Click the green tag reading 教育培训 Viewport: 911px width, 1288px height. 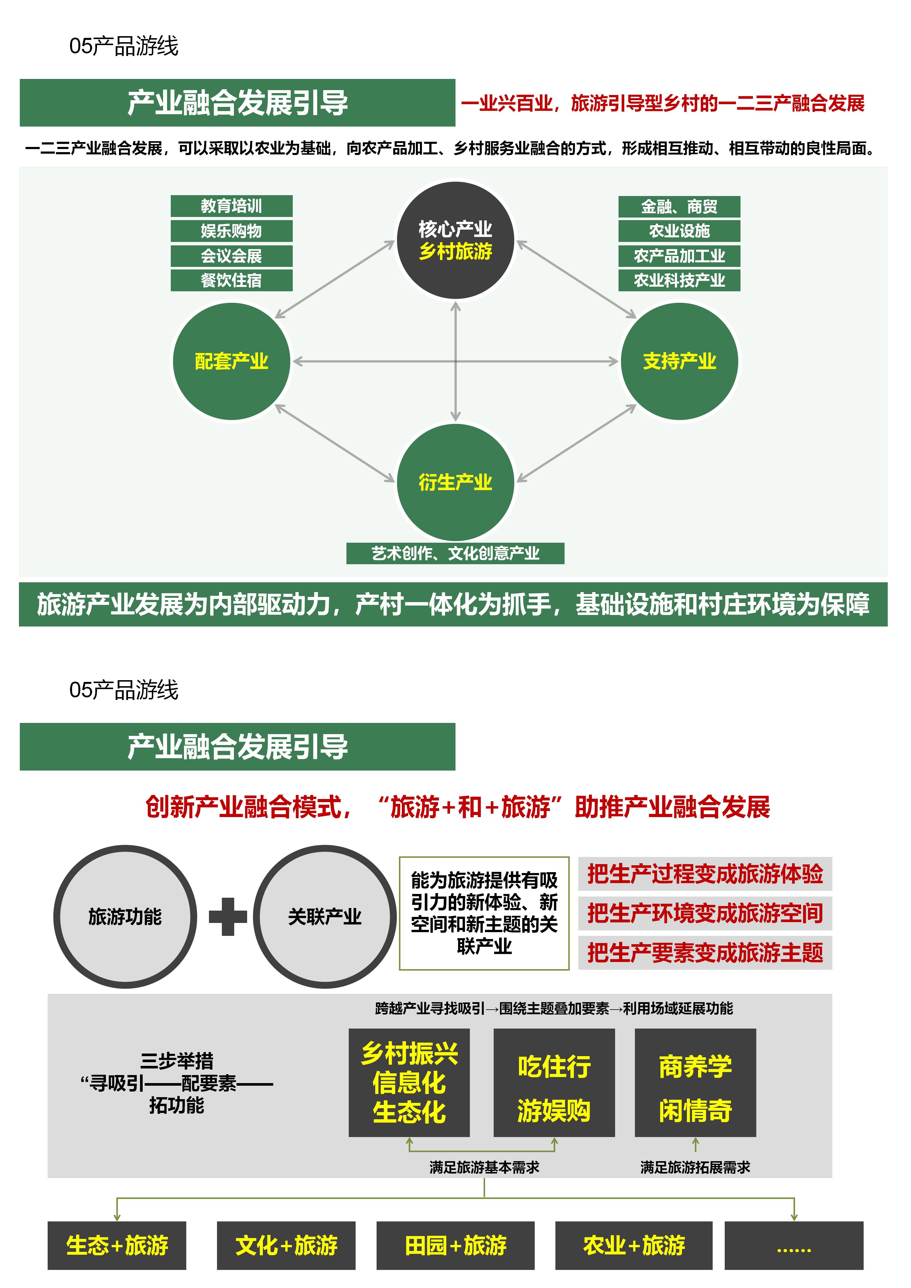tap(231, 206)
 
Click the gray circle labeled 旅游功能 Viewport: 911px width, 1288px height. tap(125, 917)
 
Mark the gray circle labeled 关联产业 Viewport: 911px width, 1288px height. tap(325, 917)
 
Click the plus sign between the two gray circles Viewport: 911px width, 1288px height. tap(228, 917)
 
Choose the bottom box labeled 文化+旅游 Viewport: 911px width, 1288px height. tap(286, 1245)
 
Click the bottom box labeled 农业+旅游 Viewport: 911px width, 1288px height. tap(634, 1245)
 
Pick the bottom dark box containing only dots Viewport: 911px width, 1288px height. tap(794, 1245)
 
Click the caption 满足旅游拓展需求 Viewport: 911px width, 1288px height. tap(695, 1167)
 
